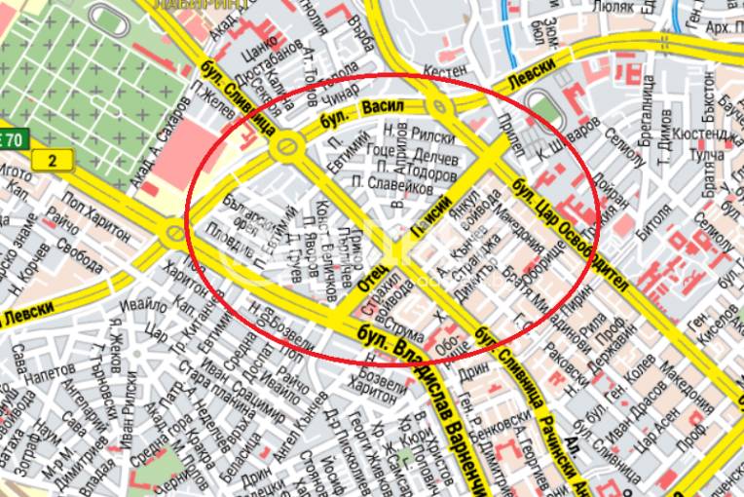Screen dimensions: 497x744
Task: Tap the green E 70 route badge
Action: click(x=11, y=137)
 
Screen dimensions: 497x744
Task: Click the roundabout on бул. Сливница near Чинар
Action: click(x=286, y=148)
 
